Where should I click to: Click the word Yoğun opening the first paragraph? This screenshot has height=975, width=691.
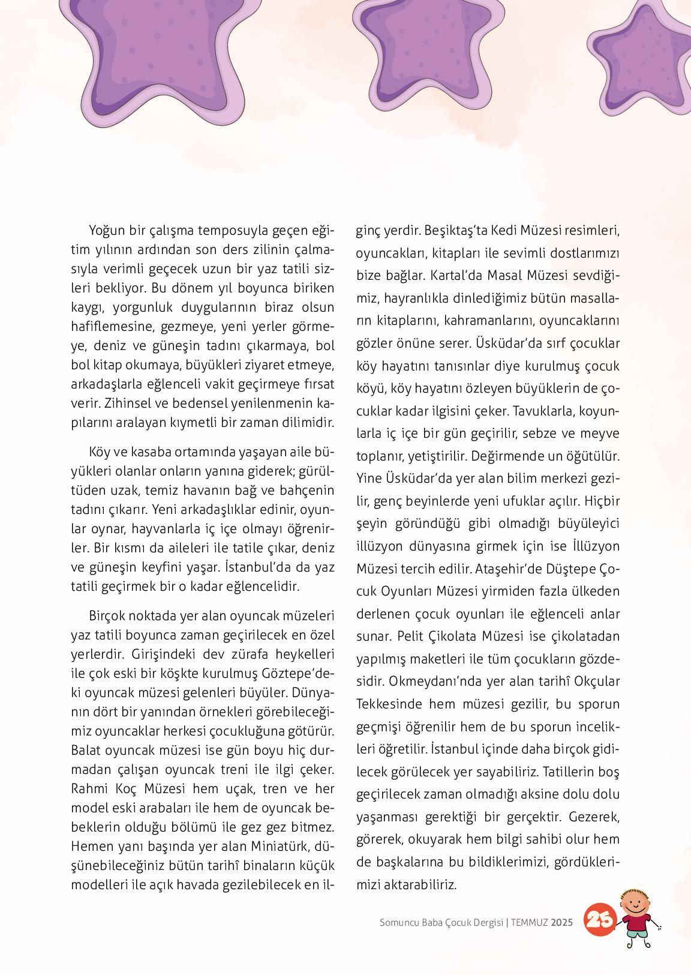tap(109, 230)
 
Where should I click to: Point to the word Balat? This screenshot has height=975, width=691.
tap(86, 750)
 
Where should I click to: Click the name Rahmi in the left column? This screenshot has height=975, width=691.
tap(88, 788)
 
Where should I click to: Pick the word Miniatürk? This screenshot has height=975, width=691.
tap(278, 846)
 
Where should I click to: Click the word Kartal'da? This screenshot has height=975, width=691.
tap(456, 275)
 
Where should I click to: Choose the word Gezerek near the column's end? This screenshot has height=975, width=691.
tap(594, 817)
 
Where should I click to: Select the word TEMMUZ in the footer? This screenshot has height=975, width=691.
tap(530, 922)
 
